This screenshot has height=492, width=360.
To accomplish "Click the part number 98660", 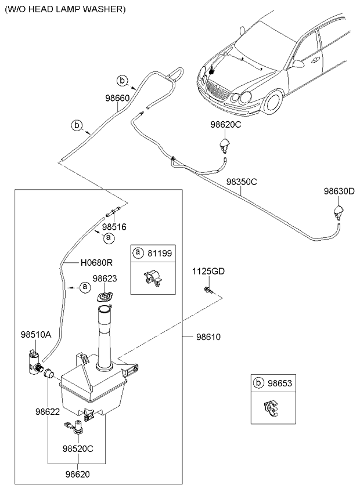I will coord(117,99).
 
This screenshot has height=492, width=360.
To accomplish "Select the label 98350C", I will coord(241,182).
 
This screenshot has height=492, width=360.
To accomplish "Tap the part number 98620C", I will coord(225,125).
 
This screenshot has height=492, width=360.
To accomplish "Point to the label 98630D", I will coord(339,191).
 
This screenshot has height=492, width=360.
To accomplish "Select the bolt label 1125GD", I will coord(208,272).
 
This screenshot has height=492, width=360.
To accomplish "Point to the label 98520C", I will coord(77,448).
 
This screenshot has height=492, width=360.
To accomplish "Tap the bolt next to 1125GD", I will coord(207,289).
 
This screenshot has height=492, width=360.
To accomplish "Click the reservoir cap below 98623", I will coord(105,297).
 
